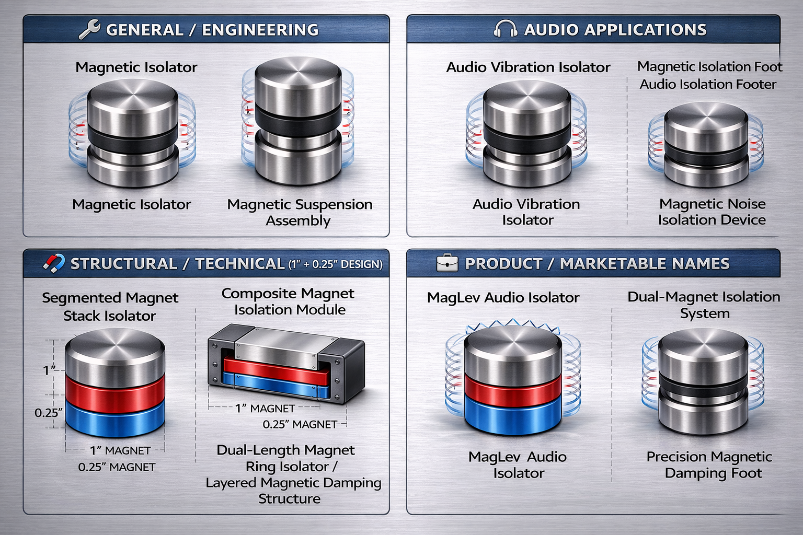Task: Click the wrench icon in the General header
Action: coord(89,29)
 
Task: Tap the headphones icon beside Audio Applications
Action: coord(505,29)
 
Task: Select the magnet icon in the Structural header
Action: coord(53,263)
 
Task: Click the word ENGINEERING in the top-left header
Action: coord(260,30)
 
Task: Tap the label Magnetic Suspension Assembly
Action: coord(300,212)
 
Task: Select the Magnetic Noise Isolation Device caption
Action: coord(712,212)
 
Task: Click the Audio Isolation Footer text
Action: coord(708,84)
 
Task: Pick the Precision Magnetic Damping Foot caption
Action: coord(710,464)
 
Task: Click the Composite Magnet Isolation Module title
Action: coord(289,301)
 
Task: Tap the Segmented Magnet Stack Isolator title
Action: coord(110,307)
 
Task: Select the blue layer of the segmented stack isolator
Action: coord(114,418)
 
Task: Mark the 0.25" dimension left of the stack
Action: coord(48,413)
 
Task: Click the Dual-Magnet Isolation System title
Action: coord(704,305)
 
